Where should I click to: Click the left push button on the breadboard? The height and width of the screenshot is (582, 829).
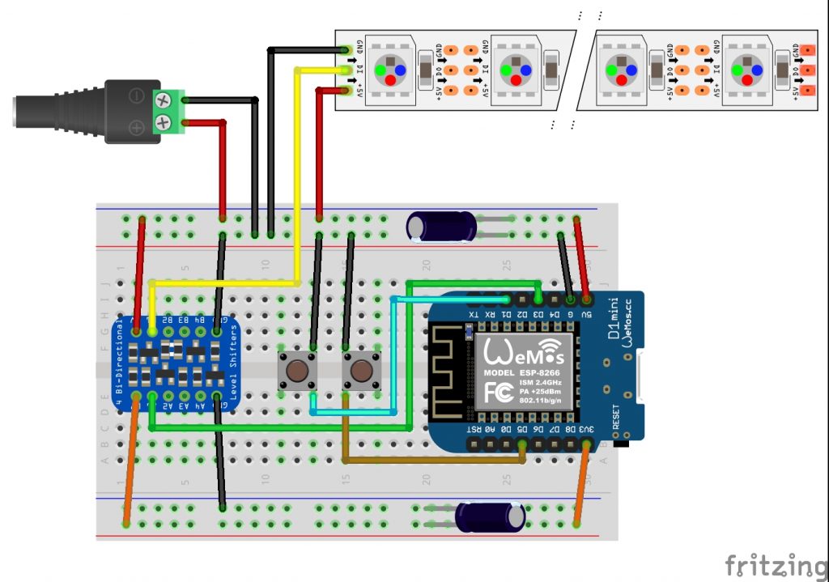pos(298,372)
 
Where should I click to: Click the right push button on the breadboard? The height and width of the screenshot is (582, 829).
pos(360,372)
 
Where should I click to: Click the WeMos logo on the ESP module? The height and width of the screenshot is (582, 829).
pos(523,351)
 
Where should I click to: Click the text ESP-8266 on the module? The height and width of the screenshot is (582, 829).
pos(546,372)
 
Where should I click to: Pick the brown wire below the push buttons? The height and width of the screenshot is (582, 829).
pos(429,461)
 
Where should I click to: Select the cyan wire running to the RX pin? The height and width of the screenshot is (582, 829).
pos(394,356)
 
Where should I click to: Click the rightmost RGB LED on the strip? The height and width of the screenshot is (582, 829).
pos(746,70)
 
